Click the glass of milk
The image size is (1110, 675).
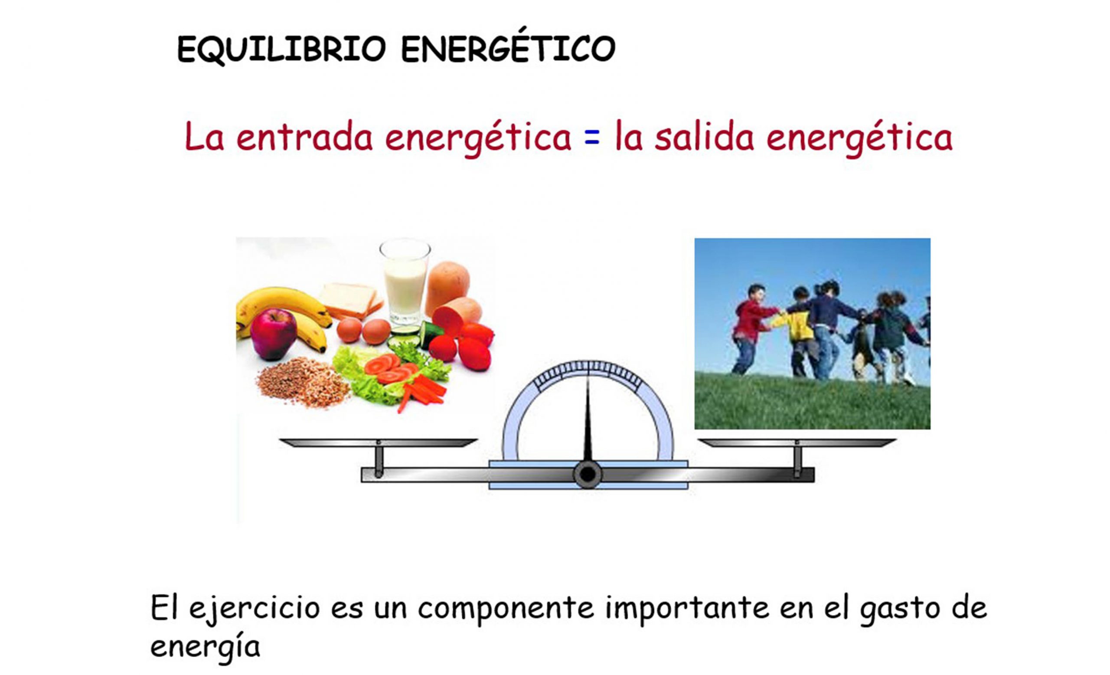405,284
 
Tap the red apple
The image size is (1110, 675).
274,334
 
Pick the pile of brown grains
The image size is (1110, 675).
303,382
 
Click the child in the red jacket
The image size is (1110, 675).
751,329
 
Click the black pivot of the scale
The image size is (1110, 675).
588,475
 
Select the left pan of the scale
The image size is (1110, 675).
378,442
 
